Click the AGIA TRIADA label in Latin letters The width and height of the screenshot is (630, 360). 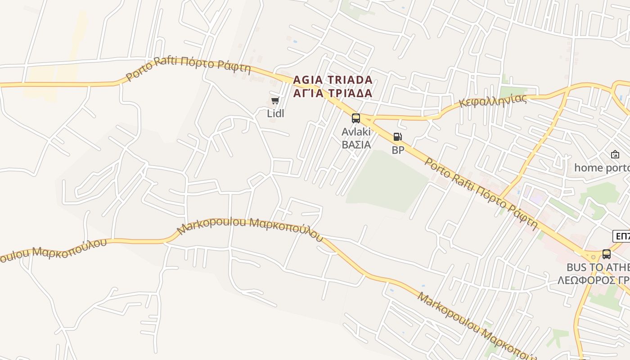pos(333,80)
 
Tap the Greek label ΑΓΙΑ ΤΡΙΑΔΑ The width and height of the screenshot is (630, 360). pos(333,93)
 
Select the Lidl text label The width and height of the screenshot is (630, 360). pos(275,113)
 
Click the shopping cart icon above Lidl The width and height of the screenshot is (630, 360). pos(275,100)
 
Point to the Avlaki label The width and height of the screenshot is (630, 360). pos(356,132)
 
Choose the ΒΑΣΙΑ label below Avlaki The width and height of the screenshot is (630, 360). pos(356,144)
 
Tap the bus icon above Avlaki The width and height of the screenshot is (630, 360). pos(356,118)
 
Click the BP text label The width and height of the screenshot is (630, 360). pos(398,150)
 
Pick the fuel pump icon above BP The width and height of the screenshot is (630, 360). pos(397,137)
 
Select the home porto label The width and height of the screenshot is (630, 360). pos(602,168)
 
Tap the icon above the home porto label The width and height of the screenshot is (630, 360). pos(615,154)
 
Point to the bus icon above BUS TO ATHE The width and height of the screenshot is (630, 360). pos(607,254)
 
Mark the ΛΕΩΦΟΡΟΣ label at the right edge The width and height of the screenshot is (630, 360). pos(594,280)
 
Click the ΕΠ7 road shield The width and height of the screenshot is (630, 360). pos(622,236)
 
